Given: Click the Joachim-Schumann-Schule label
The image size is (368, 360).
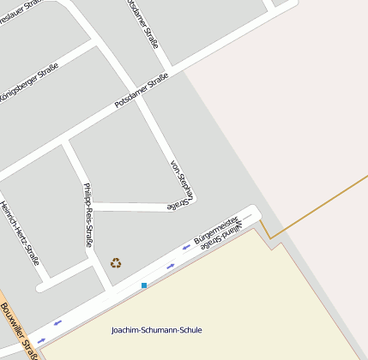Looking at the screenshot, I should click(157, 330).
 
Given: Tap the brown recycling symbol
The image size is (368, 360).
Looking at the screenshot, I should click(116, 263).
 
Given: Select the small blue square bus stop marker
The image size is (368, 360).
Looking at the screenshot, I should click(144, 285).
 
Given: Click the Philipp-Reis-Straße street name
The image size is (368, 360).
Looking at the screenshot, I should click(87, 215).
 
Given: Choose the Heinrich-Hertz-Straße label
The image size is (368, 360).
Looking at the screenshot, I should click(20, 232).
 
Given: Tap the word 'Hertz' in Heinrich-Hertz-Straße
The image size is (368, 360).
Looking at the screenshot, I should click(21, 236).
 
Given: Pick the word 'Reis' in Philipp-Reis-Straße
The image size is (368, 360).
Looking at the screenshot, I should click(87, 217).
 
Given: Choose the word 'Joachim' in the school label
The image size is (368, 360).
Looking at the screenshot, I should click(127, 330).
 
